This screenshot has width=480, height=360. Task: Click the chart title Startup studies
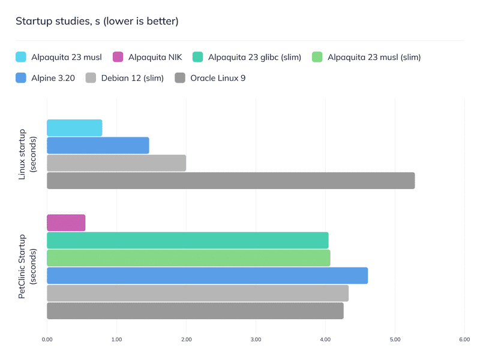click(x=97, y=22)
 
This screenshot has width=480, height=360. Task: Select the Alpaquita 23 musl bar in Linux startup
click(x=74, y=128)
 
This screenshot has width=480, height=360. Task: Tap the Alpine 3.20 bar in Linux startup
click(x=98, y=145)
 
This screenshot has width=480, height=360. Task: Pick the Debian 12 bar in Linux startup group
click(x=116, y=163)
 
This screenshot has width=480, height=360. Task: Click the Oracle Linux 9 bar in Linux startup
click(x=230, y=181)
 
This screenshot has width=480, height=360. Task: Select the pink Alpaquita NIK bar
click(x=66, y=223)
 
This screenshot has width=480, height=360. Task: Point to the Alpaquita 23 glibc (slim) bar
click(x=187, y=240)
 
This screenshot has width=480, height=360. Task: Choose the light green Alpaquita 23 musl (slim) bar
click(x=188, y=258)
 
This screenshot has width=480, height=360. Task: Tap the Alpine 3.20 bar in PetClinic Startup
click(x=207, y=275)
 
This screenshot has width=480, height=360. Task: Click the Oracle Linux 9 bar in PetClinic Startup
click(x=195, y=311)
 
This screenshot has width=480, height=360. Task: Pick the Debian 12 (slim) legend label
click(x=132, y=78)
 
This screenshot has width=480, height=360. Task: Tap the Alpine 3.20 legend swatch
click(x=21, y=78)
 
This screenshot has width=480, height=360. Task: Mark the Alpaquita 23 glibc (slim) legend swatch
click(x=197, y=58)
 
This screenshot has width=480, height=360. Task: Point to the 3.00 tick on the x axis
click(x=256, y=340)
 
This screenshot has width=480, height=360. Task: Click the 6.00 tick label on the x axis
click(x=464, y=340)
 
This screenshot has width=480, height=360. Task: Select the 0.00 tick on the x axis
click(x=47, y=340)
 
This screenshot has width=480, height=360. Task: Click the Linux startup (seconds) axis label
click(x=27, y=154)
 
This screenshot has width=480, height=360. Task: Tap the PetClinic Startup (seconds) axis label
click(x=27, y=266)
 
